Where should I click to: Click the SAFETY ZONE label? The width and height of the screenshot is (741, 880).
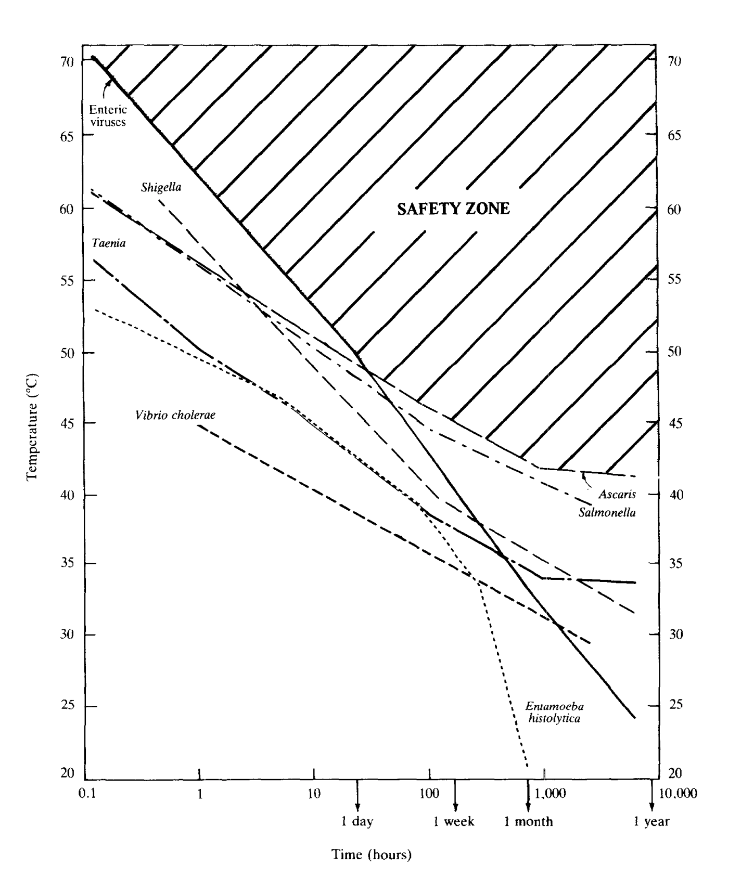click(453, 209)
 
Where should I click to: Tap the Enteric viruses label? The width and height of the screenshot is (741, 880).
click(108, 116)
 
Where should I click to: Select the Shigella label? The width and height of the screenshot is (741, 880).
click(161, 187)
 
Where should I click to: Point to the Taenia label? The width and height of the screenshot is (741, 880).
click(109, 243)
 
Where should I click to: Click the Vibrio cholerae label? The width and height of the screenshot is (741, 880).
click(175, 415)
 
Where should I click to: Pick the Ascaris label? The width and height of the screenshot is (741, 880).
click(617, 494)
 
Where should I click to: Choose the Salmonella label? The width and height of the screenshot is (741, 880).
click(607, 513)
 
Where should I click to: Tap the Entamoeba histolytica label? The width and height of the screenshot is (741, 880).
click(554, 713)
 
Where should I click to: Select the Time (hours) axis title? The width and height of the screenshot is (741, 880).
click(372, 855)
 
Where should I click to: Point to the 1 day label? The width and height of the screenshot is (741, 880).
click(357, 822)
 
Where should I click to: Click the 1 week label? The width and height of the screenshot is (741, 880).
click(454, 822)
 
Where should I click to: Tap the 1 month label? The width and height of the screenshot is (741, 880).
click(529, 822)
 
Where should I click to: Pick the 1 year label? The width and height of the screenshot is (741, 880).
click(651, 822)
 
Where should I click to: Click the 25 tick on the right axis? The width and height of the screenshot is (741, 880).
click(675, 706)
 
